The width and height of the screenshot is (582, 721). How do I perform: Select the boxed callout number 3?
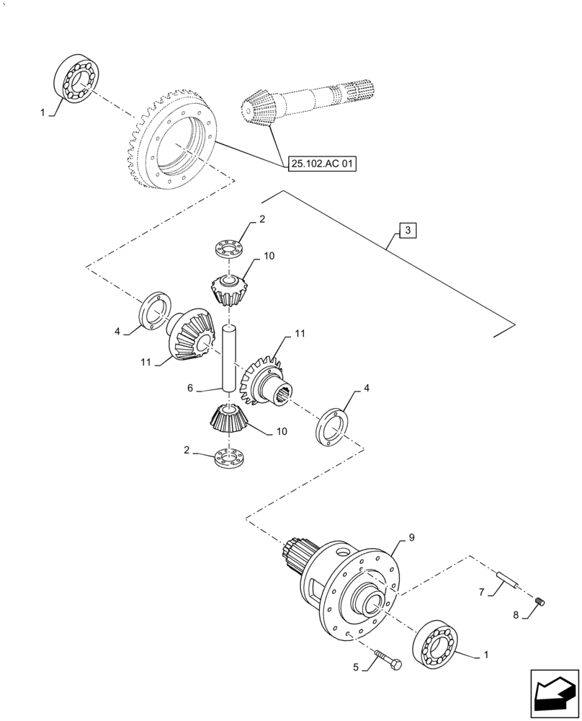pyautogui.click(x=407, y=231)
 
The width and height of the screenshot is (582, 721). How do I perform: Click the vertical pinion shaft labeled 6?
pyautogui.click(x=228, y=359)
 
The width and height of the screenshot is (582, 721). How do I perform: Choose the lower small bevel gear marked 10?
pyautogui.click(x=228, y=419)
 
